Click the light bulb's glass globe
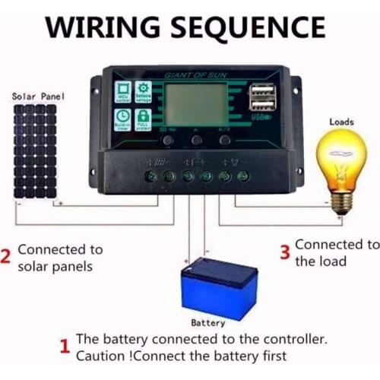[341, 155]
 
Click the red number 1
[65, 347]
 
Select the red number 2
[6, 257]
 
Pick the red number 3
[285, 253]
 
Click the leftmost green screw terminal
[152, 176]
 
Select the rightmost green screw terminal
[243, 176]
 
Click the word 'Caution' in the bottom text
[104, 356]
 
